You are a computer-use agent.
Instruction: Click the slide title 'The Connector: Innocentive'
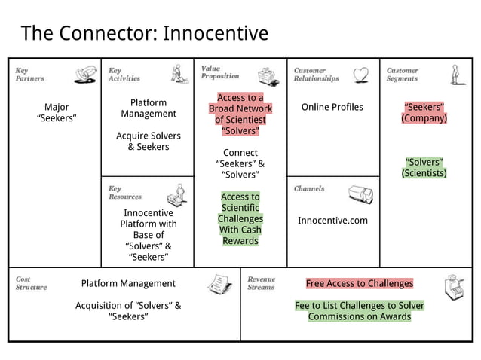[x=144, y=34]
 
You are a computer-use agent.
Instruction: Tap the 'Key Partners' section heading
[x=30, y=74]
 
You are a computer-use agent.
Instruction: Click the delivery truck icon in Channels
[x=360, y=195]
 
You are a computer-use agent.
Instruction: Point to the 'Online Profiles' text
[x=332, y=107]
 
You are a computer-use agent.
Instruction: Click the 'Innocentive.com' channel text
[x=332, y=221]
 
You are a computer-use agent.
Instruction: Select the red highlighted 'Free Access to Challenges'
[x=359, y=284]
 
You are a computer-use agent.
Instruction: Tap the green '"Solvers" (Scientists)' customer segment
[x=424, y=168]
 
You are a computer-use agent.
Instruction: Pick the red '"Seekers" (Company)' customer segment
[x=424, y=112]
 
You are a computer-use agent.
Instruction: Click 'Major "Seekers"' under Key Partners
[x=56, y=112]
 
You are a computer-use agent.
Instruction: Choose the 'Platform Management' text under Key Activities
[x=149, y=108]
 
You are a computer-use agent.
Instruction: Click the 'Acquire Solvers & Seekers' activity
[x=149, y=141]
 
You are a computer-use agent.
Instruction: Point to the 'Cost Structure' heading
[x=31, y=283]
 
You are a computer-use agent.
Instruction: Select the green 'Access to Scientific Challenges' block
[x=240, y=218]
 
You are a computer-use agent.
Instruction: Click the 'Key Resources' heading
[x=124, y=192]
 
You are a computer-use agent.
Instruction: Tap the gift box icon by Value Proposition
[x=268, y=76]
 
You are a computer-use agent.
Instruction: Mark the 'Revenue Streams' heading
[x=262, y=283]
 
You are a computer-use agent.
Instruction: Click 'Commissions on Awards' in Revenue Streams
[x=359, y=316]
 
